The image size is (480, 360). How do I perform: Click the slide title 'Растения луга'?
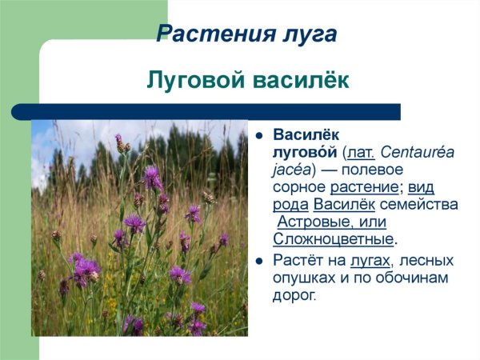(246, 34)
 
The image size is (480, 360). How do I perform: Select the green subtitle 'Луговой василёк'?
(248, 82)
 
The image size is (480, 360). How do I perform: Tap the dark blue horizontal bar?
(216, 111)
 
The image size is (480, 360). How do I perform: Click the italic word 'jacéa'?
(292, 170)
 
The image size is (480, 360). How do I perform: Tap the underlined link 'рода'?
(291, 205)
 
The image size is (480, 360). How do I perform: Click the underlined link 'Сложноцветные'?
(334, 239)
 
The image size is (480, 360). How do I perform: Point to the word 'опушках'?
(306, 278)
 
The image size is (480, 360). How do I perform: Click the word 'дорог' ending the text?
(295, 296)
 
